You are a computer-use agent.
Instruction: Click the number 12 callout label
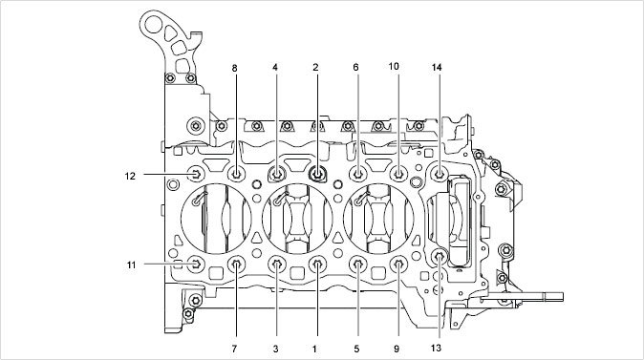click(x=130, y=176)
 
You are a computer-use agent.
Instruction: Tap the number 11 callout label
click(x=131, y=265)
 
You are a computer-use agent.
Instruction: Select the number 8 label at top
click(x=234, y=68)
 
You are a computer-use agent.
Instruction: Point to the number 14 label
click(x=437, y=67)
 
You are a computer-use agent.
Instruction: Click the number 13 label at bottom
click(x=436, y=348)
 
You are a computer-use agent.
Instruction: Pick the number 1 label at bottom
click(x=314, y=349)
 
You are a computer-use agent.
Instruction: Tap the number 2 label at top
click(x=315, y=67)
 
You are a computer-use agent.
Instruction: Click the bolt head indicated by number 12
click(x=196, y=174)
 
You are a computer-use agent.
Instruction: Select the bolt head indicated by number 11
click(x=196, y=264)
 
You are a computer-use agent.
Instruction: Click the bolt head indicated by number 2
click(x=317, y=174)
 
